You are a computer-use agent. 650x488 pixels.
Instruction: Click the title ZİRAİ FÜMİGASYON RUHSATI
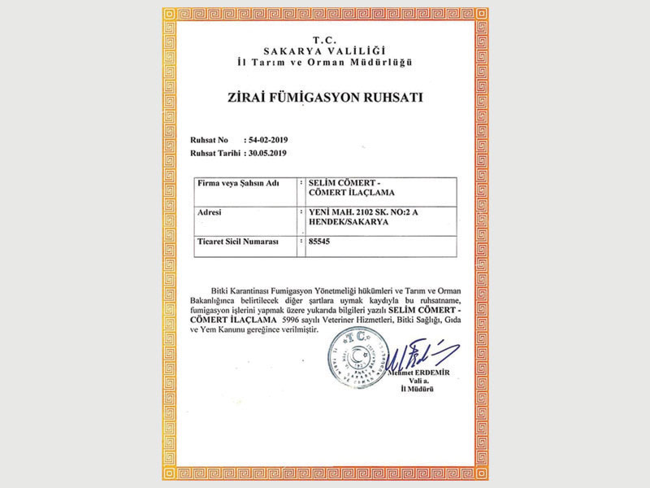pyautogui.click(x=325, y=98)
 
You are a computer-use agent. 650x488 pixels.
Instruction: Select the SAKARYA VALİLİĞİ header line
pyautogui.click(x=325, y=50)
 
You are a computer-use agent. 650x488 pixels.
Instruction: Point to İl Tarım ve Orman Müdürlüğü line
pyautogui.click(x=325, y=62)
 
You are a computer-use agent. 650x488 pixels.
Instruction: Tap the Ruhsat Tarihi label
pyautogui.click(x=215, y=152)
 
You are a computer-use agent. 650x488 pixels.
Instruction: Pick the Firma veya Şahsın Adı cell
pyautogui.click(x=238, y=184)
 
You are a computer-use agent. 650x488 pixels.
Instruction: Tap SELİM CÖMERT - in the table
pyautogui.click(x=336, y=184)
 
